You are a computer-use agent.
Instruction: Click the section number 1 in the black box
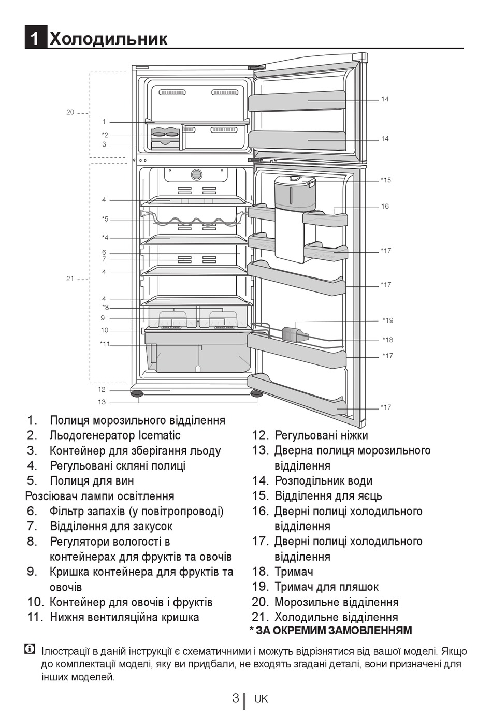(35, 38)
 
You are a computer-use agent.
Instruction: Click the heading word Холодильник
(109, 38)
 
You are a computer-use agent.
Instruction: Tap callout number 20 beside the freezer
(70, 112)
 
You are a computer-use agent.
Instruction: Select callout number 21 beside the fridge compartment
(70, 279)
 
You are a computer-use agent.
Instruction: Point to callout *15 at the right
(386, 180)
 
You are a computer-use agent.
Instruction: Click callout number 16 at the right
(385, 207)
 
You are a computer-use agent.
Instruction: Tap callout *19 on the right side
(388, 320)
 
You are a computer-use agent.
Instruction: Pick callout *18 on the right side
(388, 340)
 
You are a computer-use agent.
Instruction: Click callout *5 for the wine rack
(105, 219)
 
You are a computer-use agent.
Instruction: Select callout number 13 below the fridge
(102, 402)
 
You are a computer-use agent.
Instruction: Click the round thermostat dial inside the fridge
(196, 174)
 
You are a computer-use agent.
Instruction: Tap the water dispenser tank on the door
(294, 194)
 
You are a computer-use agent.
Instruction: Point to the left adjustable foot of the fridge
(137, 393)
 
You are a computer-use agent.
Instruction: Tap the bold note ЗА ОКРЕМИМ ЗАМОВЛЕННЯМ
(334, 631)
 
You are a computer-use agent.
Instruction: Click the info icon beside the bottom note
(30, 649)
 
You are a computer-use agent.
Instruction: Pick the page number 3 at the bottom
(236, 698)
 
